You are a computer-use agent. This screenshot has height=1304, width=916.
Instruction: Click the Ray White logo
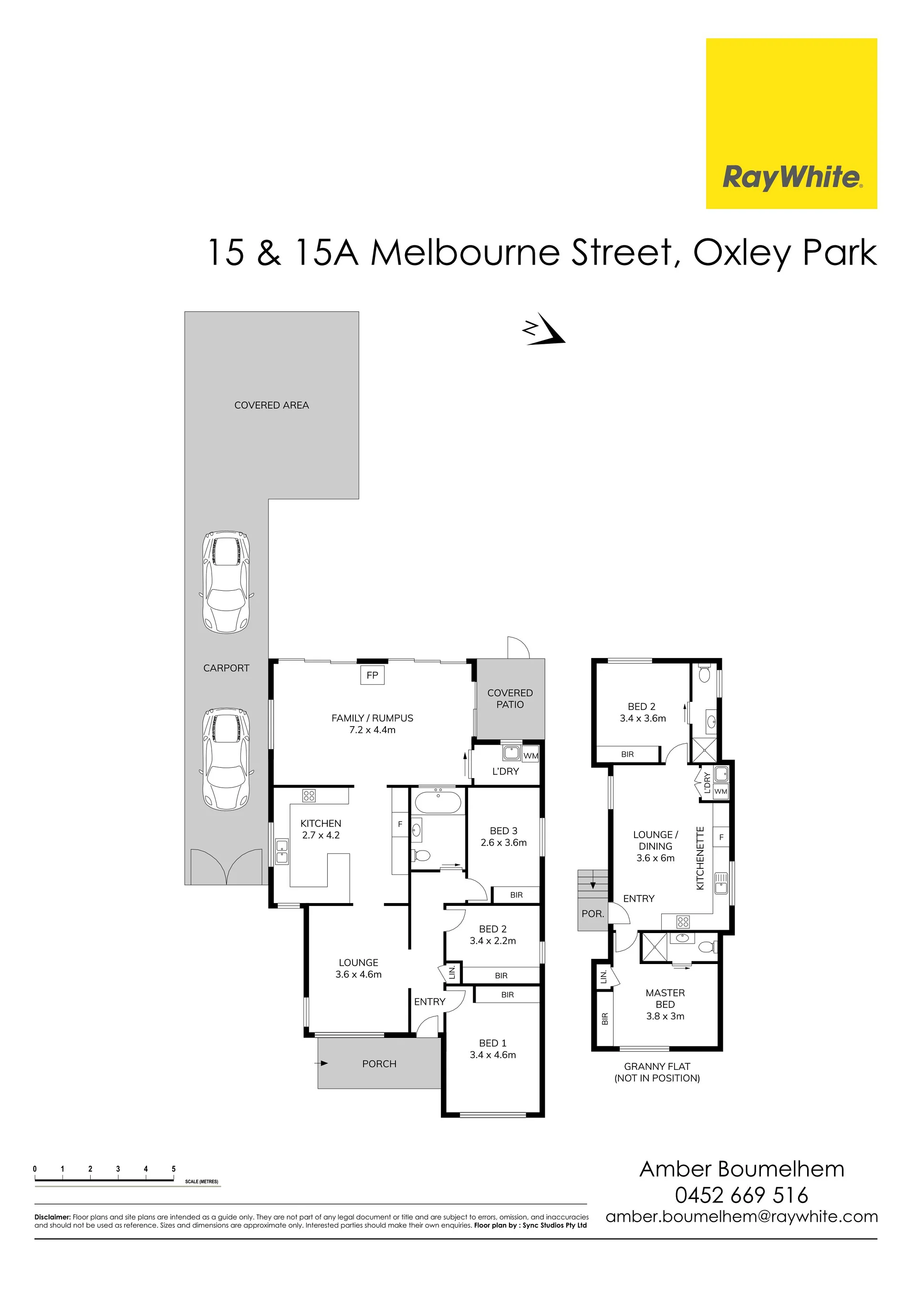tap(791, 123)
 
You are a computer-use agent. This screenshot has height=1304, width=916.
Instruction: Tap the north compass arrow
tap(544, 329)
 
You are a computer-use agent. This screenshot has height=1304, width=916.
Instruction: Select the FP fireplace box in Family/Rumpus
tap(372, 675)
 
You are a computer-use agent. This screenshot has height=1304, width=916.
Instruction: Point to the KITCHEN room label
tap(321, 823)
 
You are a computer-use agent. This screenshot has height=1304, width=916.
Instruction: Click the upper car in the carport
tap(226, 582)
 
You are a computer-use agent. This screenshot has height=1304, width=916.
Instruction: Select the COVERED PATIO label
tap(510, 698)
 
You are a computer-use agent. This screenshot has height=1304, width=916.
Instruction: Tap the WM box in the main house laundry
tap(531, 756)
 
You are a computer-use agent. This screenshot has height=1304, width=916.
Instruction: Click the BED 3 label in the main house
tap(503, 831)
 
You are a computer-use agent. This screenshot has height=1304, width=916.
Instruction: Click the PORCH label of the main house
tap(379, 1064)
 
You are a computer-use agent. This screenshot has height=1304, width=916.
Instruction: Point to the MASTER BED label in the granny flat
tap(665, 998)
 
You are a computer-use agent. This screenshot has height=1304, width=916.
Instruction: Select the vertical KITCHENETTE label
tap(700, 858)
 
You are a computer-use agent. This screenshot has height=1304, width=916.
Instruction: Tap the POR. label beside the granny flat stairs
tap(593, 914)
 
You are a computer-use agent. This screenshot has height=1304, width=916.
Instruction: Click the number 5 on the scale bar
tap(173, 1169)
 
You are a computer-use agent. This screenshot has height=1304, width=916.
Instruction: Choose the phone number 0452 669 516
tap(741, 1195)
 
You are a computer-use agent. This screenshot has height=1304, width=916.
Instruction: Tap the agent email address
tap(741, 1217)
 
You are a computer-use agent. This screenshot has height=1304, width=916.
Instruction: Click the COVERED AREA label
tap(271, 405)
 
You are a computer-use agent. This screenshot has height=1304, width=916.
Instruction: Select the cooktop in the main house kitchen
tap(309, 795)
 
